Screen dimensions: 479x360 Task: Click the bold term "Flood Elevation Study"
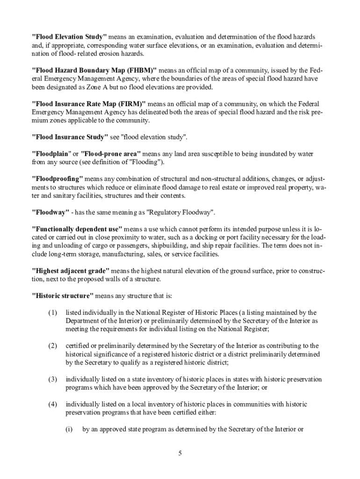pyautogui.click(x=69, y=36)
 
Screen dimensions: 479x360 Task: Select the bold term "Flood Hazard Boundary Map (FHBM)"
pyautogui.click(x=94, y=70)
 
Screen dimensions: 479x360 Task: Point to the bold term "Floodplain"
pyautogui.click(x=50, y=154)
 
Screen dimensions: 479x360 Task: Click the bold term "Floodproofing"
pyautogui.click(x=57, y=179)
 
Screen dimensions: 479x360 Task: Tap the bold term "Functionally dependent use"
pyautogui.click(x=77, y=229)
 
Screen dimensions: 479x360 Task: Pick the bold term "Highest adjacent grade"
pyautogui.click(x=70, y=271)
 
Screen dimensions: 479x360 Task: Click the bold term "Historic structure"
pyautogui.click(x=62, y=296)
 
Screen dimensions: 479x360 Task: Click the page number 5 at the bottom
pyautogui.click(x=180, y=454)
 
